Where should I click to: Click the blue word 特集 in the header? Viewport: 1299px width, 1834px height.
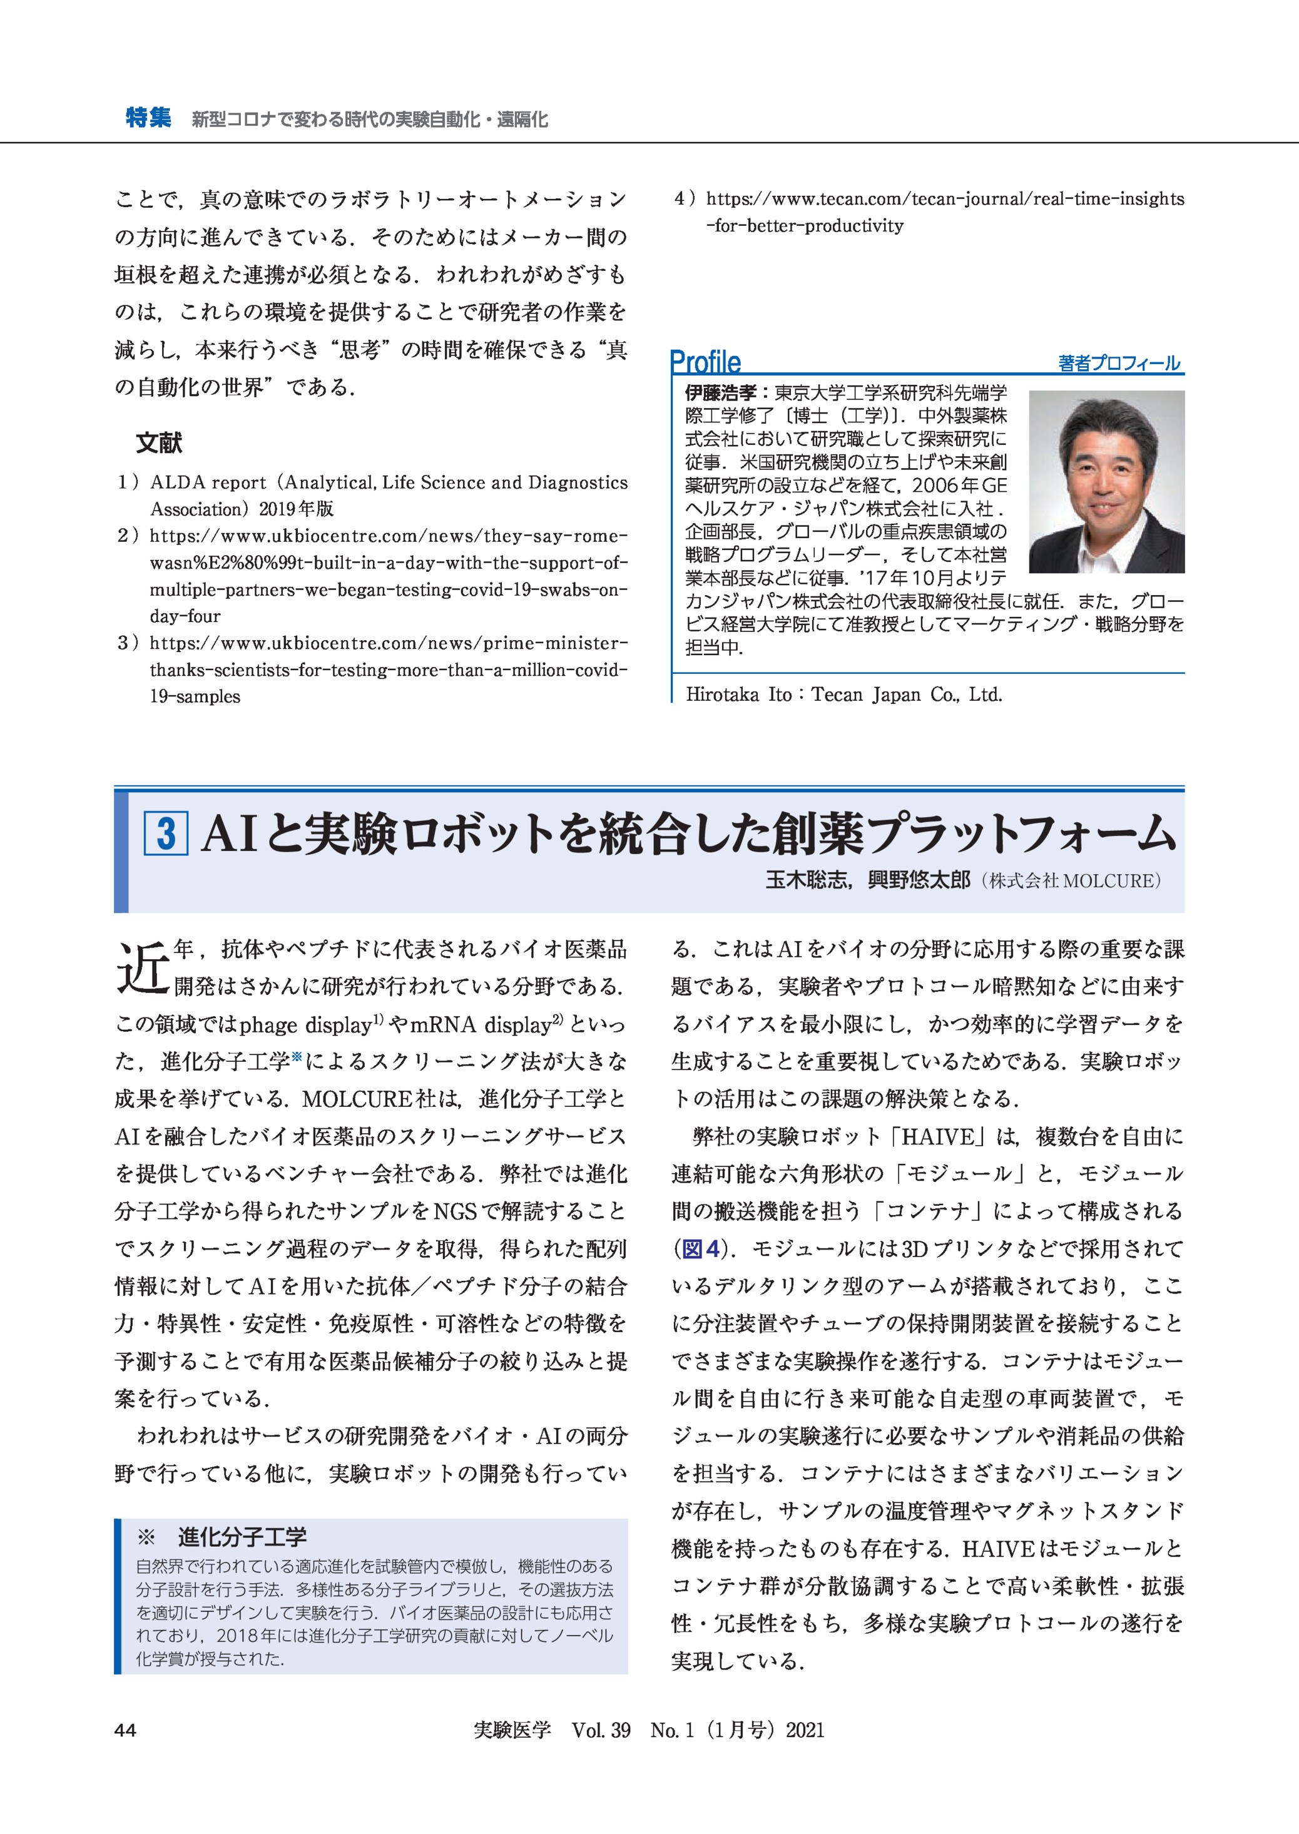pyautogui.click(x=148, y=118)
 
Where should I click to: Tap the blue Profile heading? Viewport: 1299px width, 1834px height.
pyautogui.click(x=705, y=362)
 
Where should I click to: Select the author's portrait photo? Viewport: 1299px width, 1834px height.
pyautogui.click(x=1106, y=481)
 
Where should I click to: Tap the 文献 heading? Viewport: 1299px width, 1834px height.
pyautogui.click(x=159, y=443)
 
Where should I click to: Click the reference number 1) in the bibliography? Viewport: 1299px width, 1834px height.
pyautogui.click(x=128, y=482)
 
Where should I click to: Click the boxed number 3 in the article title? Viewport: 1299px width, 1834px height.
pyautogui.click(x=166, y=833)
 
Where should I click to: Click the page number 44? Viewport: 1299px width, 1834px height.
pyautogui.click(x=126, y=1731)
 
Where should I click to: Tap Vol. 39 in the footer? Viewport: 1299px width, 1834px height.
pyautogui.click(x=601, y=1731)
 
